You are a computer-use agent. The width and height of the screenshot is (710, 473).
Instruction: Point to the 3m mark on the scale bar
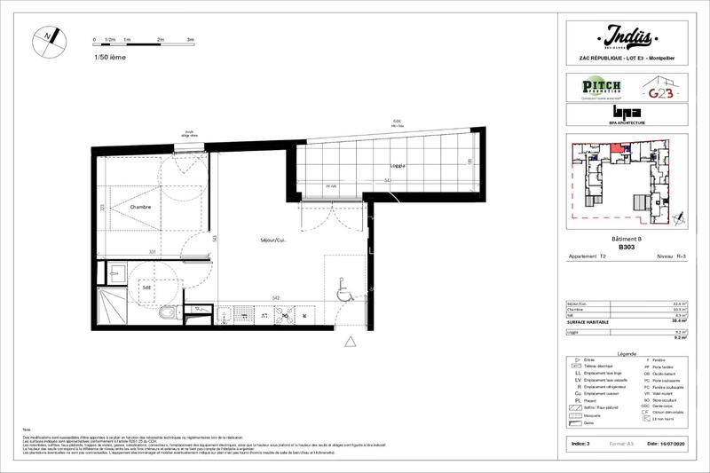point(191,41)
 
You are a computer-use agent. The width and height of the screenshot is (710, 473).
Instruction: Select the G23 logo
point(659,90)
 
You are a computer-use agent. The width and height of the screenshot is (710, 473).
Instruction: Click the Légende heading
point(627,352)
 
